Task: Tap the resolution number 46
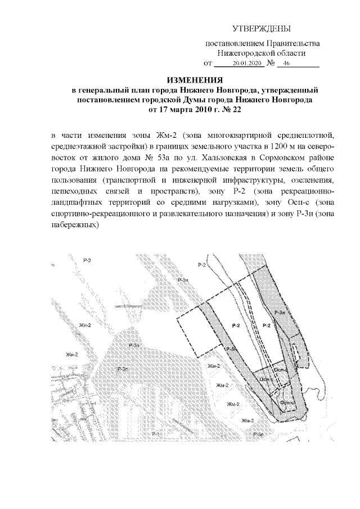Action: coord(287,65)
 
